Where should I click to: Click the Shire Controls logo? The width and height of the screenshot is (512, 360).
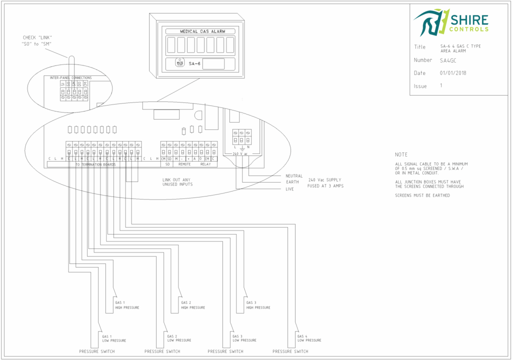point(450,22)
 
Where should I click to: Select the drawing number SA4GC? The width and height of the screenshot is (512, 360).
point(448,60)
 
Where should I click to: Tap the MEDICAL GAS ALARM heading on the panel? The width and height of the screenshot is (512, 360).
point(202,31)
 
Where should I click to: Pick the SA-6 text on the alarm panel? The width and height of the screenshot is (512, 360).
point(194,63)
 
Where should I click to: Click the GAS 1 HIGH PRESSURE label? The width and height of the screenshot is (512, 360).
point(127,305)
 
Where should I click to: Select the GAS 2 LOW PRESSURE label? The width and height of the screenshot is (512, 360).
point(179,338)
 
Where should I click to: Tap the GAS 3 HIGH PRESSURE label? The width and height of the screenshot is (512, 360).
point(258,305)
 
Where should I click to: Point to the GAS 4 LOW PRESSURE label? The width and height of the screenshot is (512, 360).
point(309,338)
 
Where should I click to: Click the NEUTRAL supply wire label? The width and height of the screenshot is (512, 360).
point(294,176)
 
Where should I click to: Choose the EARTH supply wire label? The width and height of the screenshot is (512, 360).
point(292,182)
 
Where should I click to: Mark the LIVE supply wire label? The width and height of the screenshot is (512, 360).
point(290,189)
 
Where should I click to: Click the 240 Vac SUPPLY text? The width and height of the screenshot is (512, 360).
point(325,179)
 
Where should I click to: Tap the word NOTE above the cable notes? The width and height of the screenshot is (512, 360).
point(401,155)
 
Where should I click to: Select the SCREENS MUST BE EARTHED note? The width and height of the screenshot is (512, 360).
point(422,195)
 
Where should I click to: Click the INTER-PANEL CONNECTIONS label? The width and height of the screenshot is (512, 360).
point(70,78)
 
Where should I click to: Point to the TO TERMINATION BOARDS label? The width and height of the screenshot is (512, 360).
point(95,164)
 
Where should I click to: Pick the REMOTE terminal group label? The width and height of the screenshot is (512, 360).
point(184,164)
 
